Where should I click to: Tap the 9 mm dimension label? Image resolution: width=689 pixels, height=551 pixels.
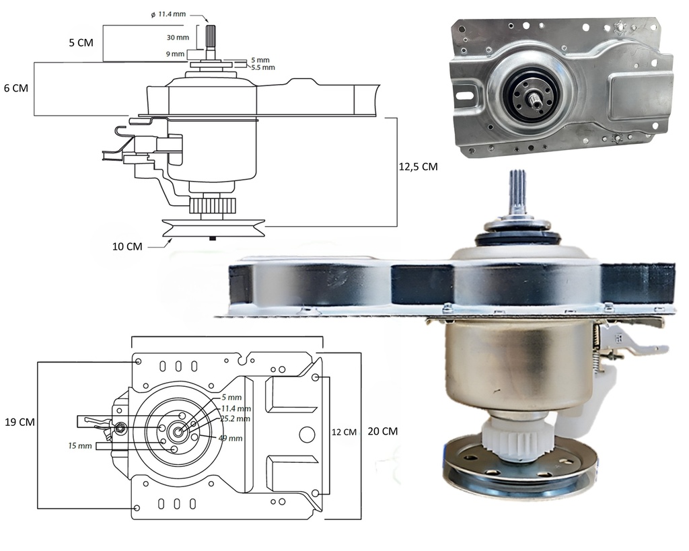click(x=176, y=54)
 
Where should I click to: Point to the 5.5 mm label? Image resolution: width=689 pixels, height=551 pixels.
click(x=264, y=67)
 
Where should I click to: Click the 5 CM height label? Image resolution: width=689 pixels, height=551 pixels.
click(x=81, y=42)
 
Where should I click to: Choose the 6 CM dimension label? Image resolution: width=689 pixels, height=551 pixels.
click(x=15, y=88)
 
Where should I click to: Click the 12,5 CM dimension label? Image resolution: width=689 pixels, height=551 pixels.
click(x=418, y=166)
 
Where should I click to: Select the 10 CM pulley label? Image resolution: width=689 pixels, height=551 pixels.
click(x=127, y=246)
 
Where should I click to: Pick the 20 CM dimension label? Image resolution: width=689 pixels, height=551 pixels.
click(x=383, y=431)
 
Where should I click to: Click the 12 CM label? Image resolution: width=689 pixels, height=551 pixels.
click(x=344, y=432)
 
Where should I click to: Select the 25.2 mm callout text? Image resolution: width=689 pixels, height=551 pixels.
click(x=236, y=418)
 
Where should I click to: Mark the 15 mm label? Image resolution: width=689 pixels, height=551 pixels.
click(x=80, y=445)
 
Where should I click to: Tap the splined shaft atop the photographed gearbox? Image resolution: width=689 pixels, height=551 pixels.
click(x=517, y=192)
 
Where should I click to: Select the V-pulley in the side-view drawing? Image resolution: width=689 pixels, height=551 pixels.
click(x=213, y=229)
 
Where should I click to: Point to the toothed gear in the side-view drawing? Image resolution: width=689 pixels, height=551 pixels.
click(x=212, y=206)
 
